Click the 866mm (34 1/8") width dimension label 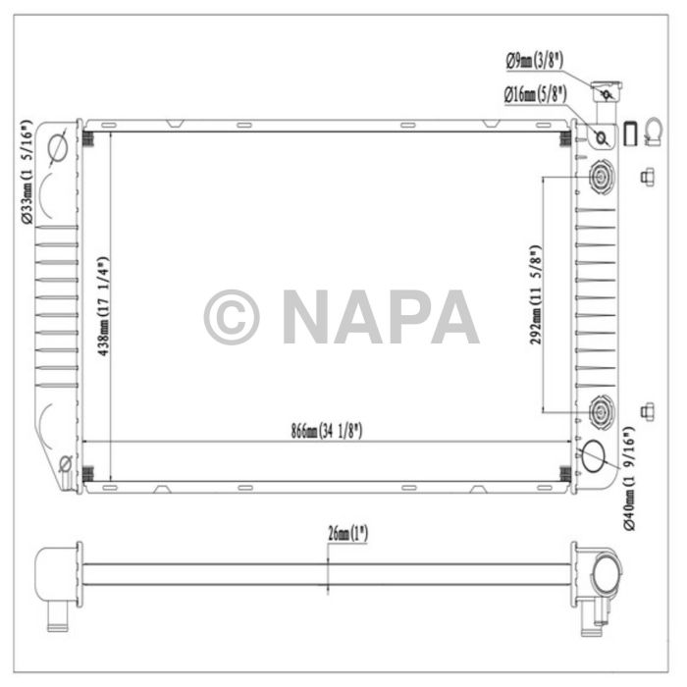[327, 431]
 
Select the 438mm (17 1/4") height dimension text [101, 303]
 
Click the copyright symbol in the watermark [232, 317]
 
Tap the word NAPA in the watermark [380, 317]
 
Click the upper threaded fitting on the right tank [600, 178]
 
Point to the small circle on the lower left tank [65, 462]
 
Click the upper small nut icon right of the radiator [647, 177]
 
